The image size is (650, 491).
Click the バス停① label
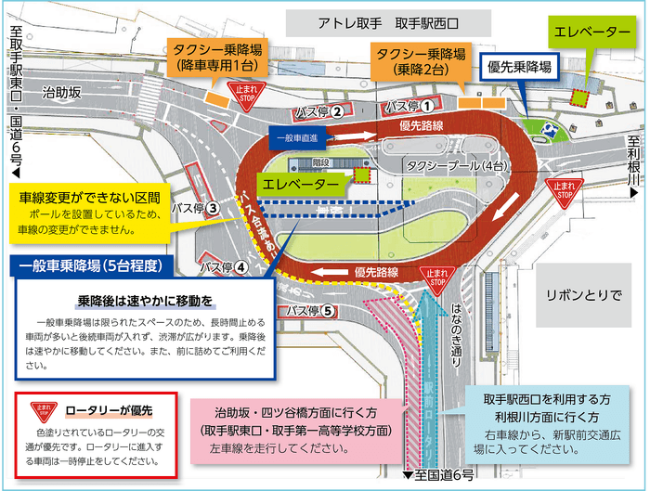pos(409,105)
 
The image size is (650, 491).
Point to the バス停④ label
pos(223,267)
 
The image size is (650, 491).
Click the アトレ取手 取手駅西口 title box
pos(391,21)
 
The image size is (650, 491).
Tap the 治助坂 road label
pos(63,91)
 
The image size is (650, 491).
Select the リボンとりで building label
pos(584,295)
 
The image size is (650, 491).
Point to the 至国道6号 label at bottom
pos(438,475)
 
